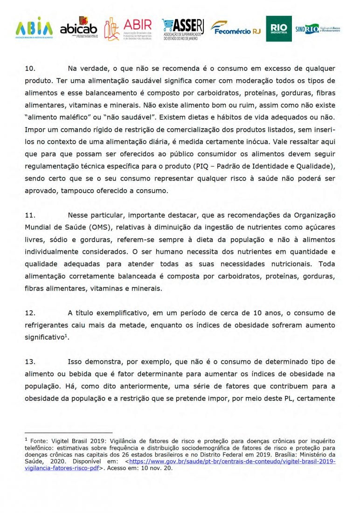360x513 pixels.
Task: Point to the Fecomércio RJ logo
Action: coord(235,28)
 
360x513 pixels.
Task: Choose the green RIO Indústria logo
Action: coord(278,28)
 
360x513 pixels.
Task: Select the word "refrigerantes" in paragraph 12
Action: coord(48,325)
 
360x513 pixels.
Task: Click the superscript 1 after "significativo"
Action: coord(67,334)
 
